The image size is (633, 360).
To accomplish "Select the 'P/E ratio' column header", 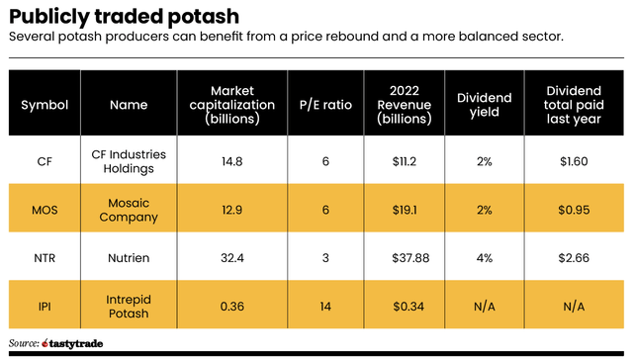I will coord(325,104).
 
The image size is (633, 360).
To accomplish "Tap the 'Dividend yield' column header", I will coord(485,104).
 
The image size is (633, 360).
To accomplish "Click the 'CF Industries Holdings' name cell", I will coord(129,161).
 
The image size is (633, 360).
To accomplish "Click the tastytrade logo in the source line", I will coord(75,344).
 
